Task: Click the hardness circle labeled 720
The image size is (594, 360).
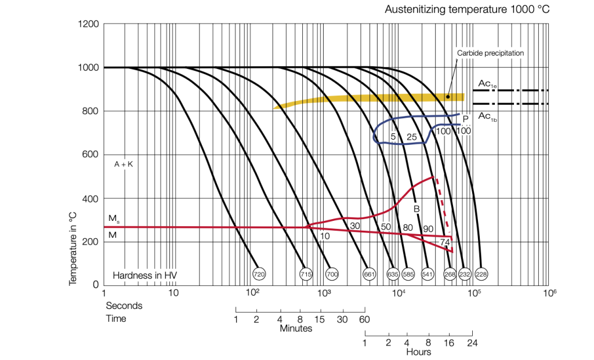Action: tap(259, 273)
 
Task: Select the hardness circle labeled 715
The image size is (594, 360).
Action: tap(306, 273)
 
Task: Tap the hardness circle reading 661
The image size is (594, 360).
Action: tap(369, 273)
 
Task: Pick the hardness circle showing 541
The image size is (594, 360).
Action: tap(428, 273)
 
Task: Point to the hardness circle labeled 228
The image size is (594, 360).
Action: tap(481, 273)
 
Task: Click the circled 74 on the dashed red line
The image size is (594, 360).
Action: tap(445, 242)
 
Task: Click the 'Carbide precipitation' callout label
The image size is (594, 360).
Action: tap(490, 53)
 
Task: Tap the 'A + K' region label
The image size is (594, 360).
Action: tap(124, 165)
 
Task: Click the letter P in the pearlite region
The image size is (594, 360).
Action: tap(465, 119)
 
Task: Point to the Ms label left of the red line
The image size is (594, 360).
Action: tap(114, 218)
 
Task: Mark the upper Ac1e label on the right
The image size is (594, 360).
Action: tap(486, 84)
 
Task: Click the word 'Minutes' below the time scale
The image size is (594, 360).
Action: tap(296, 329)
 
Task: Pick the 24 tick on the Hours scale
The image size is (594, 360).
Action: tap(472, 343)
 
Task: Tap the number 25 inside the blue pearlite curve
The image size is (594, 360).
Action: tap(411, 137)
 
